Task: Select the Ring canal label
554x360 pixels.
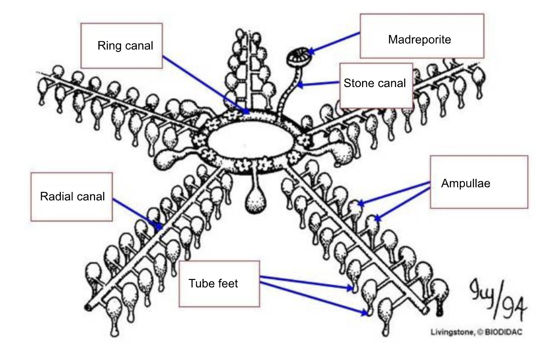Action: pyautogui.click(x=125, y=46)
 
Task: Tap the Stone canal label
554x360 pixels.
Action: pyautogui.click(x=375, y=83)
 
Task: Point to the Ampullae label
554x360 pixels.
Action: pyautogui.click(x=465, y=183)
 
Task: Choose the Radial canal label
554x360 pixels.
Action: pyautogui.click(x=72, y=196)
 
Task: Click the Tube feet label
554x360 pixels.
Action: pyautogui.click(x=213, y=283)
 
